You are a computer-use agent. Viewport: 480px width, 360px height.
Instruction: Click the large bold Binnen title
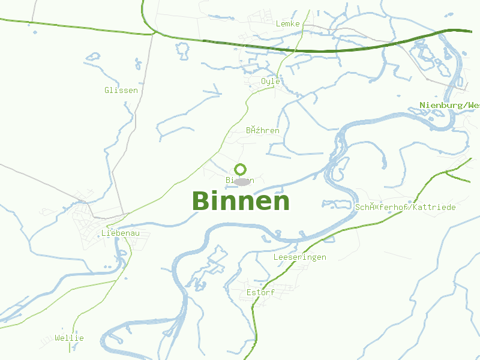tap(241, 202)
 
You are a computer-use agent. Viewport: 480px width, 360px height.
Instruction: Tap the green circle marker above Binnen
tap(241, 169)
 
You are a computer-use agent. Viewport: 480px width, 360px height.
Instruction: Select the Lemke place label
tap(287, 23)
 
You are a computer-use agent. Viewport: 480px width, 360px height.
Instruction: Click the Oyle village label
tap(271, 81)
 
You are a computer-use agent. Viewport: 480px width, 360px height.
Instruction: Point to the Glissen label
tap(121, 91)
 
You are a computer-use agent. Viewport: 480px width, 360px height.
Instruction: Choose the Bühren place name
tap(263, 130)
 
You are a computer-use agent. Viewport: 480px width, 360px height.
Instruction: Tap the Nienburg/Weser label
tap(449, 106)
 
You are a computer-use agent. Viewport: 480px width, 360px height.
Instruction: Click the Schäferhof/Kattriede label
tap(405, 207)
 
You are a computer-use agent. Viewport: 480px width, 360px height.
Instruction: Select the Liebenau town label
tap(116, 233)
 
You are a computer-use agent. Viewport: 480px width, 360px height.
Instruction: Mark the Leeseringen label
tap(299, 257)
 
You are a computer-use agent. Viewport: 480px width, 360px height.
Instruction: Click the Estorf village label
tap(260, 292)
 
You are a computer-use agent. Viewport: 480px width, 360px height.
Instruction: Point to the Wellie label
tap(69, 338)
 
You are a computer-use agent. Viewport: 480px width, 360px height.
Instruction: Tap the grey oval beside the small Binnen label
tap(242, 181)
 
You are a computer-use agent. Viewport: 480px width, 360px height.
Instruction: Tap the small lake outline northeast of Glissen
tap(92, 57)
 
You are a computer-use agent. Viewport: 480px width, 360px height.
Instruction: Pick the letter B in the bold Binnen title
tap(202, 202)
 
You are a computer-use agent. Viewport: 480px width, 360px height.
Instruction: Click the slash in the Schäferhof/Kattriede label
tap(412, 207)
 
